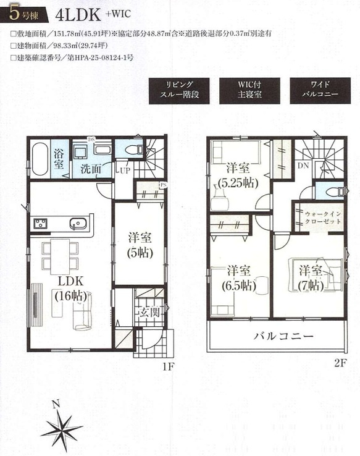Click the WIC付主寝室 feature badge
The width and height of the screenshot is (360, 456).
249,90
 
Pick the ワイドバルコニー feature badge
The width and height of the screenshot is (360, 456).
319,90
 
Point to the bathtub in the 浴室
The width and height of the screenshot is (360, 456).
39,159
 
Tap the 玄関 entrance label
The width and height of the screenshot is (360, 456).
151,311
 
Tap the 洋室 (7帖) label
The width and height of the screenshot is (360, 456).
311,277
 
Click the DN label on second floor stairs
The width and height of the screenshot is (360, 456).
304,166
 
